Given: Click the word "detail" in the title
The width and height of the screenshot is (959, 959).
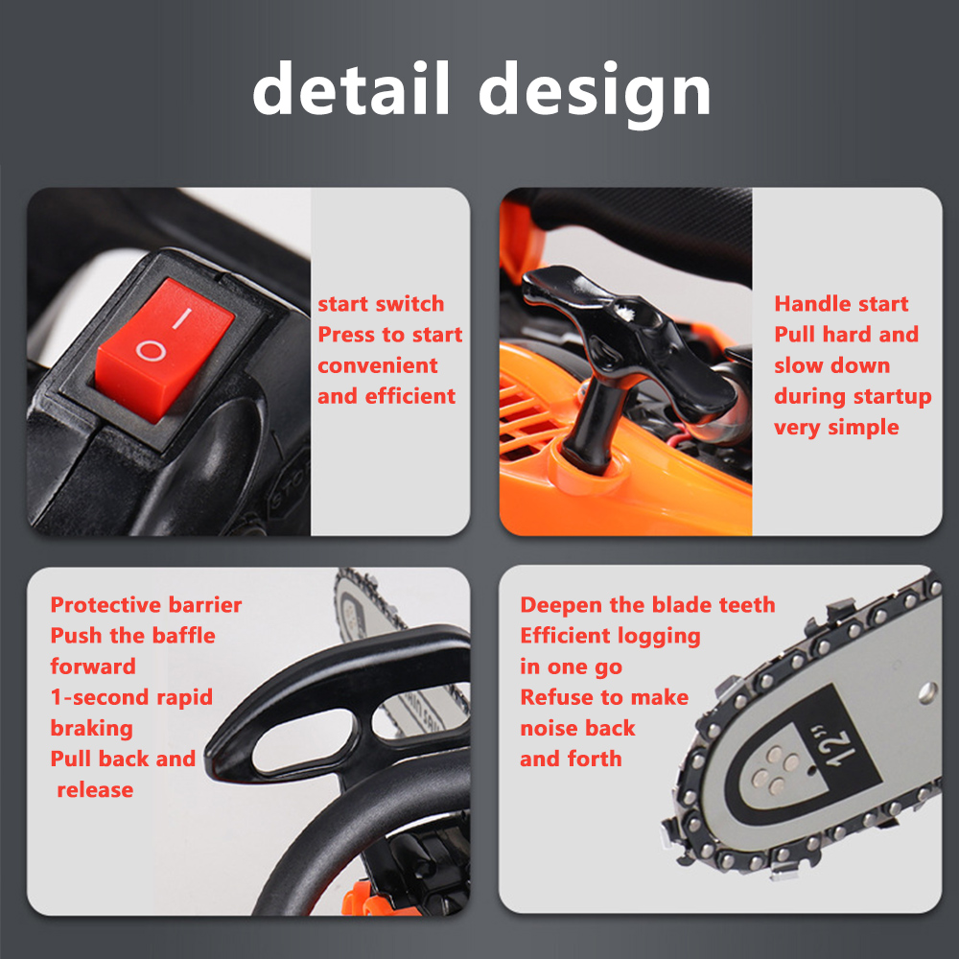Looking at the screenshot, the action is [x=351, y=87].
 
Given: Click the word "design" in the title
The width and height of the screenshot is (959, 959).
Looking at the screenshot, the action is [x=595, y=94].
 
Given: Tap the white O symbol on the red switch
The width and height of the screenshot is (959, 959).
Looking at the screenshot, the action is [x=151, y=351].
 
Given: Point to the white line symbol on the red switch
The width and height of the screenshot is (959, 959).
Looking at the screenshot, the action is [x=181, y=318].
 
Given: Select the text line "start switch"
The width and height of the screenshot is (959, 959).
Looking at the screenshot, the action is [x=381, y=303].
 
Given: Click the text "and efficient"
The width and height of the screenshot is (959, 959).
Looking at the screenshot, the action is [x=386, y=396].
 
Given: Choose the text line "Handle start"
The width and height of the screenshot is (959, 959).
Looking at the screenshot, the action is [x=841, y=303].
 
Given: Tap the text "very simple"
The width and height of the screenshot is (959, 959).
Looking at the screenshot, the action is [x=836, y=427].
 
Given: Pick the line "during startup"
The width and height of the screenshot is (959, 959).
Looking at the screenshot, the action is [x=853, y=396].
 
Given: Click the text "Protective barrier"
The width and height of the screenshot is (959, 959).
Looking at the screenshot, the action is [x=146, y=604].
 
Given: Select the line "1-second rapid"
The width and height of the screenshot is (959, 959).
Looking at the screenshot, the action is [x=131, y=697].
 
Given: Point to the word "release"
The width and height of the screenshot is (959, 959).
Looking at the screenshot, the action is [x=95, y=789].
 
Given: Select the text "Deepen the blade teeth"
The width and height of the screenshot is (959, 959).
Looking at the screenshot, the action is [x=647, y=604].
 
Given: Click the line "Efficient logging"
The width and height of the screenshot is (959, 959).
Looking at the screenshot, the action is [x=610, y=636].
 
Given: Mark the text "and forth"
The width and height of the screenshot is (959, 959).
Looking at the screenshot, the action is [x=571, y=759].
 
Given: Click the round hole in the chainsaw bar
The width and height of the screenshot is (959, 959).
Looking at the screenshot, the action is [x=927, y=691].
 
